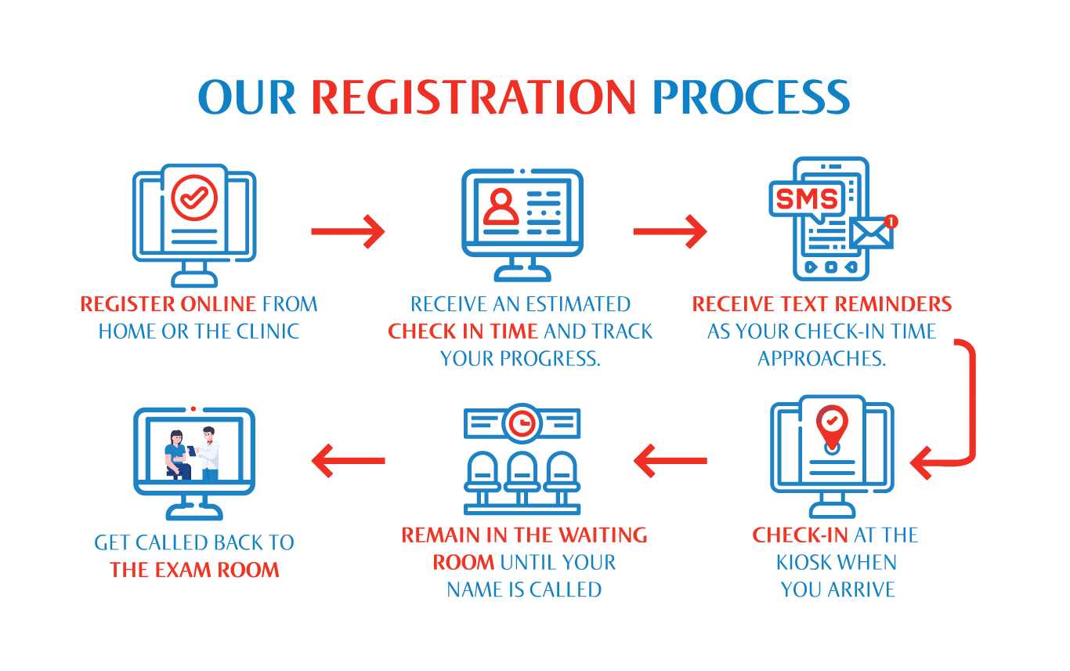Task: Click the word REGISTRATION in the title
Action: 473,98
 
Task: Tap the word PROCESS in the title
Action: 750,98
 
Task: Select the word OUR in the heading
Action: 246,98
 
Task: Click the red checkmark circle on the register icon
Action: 193,197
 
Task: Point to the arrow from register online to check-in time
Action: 348,231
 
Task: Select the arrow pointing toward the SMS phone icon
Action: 670,231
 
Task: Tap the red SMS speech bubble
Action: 807,200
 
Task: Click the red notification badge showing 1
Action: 890,222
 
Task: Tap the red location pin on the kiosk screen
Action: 831,424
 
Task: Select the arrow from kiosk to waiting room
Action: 670,460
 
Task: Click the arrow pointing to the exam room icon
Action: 348,460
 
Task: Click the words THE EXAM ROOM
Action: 194,570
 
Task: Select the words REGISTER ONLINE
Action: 168,304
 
